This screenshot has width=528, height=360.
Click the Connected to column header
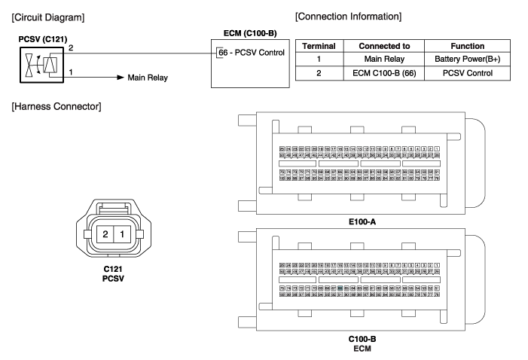coord(383,46)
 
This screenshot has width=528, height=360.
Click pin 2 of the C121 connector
coord(106,234)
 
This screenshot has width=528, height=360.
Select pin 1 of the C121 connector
coord(123,234)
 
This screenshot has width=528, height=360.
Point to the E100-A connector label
coord(362,222)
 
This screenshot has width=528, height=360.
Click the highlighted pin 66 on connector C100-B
coord(341,288)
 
